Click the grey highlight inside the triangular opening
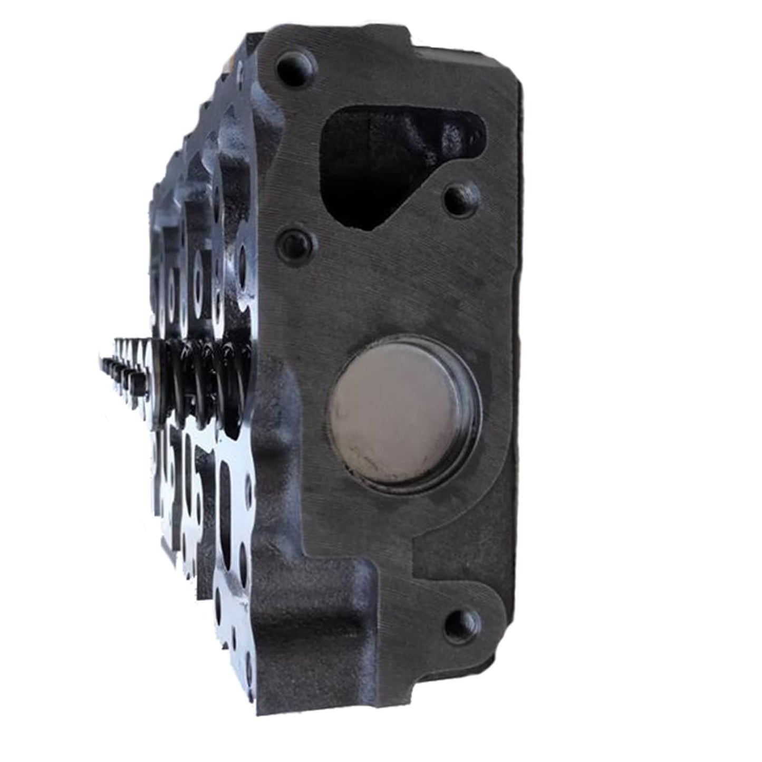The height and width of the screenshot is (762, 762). tap(448, 132)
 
